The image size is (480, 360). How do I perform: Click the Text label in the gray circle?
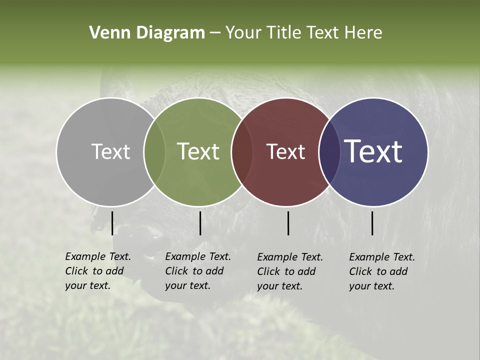tap(110, 151)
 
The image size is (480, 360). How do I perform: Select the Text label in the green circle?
tap(198, 151)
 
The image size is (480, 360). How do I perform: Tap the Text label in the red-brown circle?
tap(285, 151)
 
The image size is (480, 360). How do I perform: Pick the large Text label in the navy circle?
tap(373, 151)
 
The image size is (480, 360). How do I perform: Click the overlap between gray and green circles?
tap(154, 152)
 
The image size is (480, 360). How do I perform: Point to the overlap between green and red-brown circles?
tap(242, 152)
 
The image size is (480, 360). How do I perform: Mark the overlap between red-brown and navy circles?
tap(329, 152)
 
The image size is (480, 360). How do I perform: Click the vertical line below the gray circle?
tap(112, 223)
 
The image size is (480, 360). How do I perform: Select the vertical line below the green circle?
tap(200, 223)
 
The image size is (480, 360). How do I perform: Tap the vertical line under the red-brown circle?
tap(288, 223)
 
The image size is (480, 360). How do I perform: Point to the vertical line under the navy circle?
tap(372, 223)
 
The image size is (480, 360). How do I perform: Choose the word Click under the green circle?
tap(176, 271)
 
